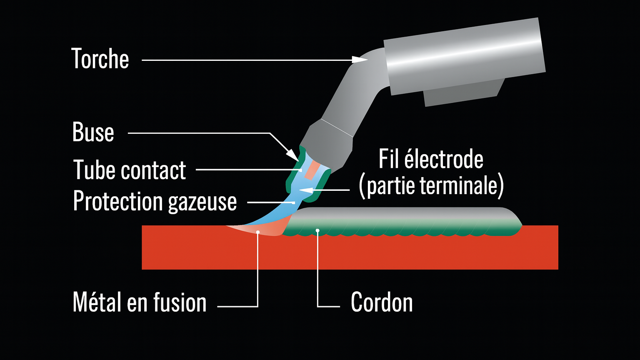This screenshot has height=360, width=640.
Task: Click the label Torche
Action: (x=100, y=59)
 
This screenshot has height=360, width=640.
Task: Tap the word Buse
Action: (x=93, y=132)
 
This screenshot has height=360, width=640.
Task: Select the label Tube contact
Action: (x=130, y=170)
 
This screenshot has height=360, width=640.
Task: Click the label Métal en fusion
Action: (x=139, y=302)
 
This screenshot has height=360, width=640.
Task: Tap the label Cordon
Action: (x=382, y=302)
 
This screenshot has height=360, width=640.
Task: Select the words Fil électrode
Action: (x=431, y=160)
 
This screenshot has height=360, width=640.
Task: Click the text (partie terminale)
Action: (x=431, y=186)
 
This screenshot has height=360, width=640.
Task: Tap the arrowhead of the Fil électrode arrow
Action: (x=305, y=191)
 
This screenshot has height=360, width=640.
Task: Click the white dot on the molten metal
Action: (x=259, y=232)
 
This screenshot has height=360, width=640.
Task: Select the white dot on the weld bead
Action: (x=317, y=230)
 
